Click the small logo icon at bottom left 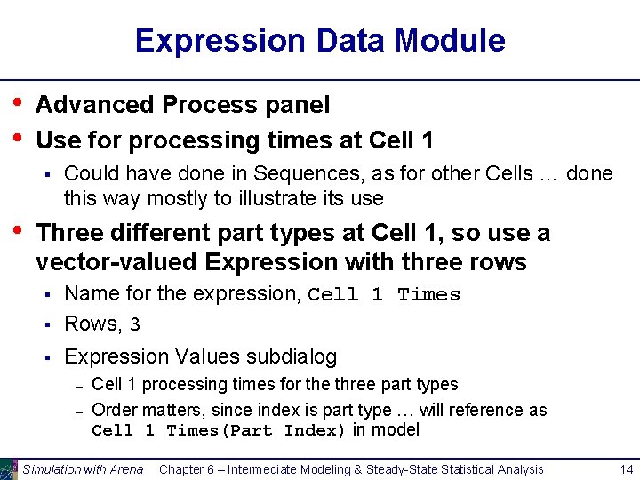pyautogui.click(x=9, y=468)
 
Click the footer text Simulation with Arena pyautogui.click(x=83, y=469)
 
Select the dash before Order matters pyautogui.click(x=78, y=411)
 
